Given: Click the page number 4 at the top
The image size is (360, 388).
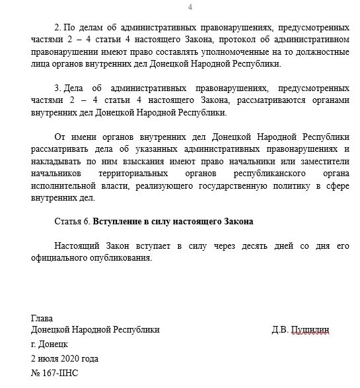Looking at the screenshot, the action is coord(190,7).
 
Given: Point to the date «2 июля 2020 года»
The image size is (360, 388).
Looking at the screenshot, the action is coord(65,358).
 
